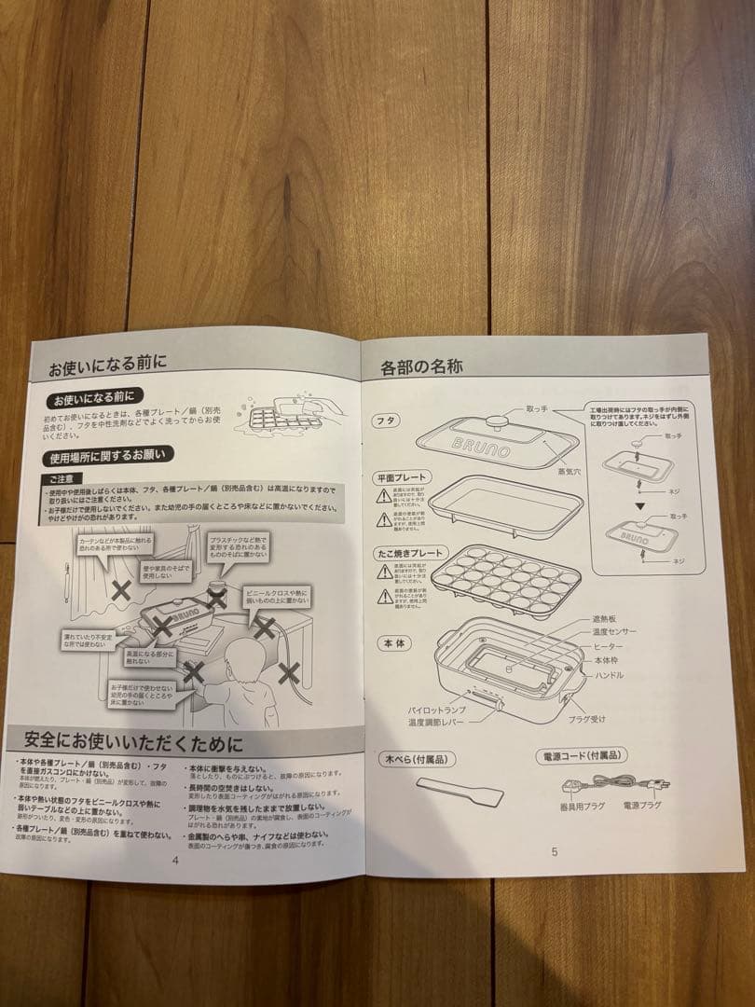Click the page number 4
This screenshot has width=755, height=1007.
174,860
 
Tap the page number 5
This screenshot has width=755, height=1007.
554,851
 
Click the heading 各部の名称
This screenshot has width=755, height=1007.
421,366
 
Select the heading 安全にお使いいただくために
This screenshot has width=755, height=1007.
132,742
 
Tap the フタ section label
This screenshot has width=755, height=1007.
386,421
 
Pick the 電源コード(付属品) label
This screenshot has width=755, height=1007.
581,755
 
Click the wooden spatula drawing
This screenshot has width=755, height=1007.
460,792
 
